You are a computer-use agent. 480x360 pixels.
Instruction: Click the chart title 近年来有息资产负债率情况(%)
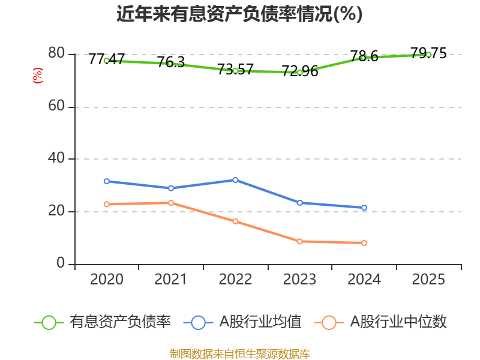239,14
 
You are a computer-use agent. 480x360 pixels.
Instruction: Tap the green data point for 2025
428,55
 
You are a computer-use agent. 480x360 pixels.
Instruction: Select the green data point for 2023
299,73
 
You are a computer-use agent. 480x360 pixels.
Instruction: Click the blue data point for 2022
235,180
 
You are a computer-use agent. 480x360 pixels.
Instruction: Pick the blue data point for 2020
107,181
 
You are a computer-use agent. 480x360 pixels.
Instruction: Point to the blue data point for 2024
364,208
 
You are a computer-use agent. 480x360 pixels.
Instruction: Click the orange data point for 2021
171,203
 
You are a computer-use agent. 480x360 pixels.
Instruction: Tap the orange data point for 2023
299,241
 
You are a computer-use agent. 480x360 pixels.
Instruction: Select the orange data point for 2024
364,243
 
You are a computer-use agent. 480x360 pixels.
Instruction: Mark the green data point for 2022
235,71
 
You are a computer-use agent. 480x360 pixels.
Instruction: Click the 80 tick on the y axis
56,54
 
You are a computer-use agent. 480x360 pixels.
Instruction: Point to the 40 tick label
56,159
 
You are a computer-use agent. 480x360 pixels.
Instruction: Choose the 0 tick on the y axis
61,264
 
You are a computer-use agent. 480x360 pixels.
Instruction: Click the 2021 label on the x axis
171,280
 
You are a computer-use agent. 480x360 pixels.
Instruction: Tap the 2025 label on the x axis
428,280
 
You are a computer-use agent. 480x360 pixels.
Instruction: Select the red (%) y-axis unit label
38,76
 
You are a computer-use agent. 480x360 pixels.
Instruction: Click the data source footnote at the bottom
239,353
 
